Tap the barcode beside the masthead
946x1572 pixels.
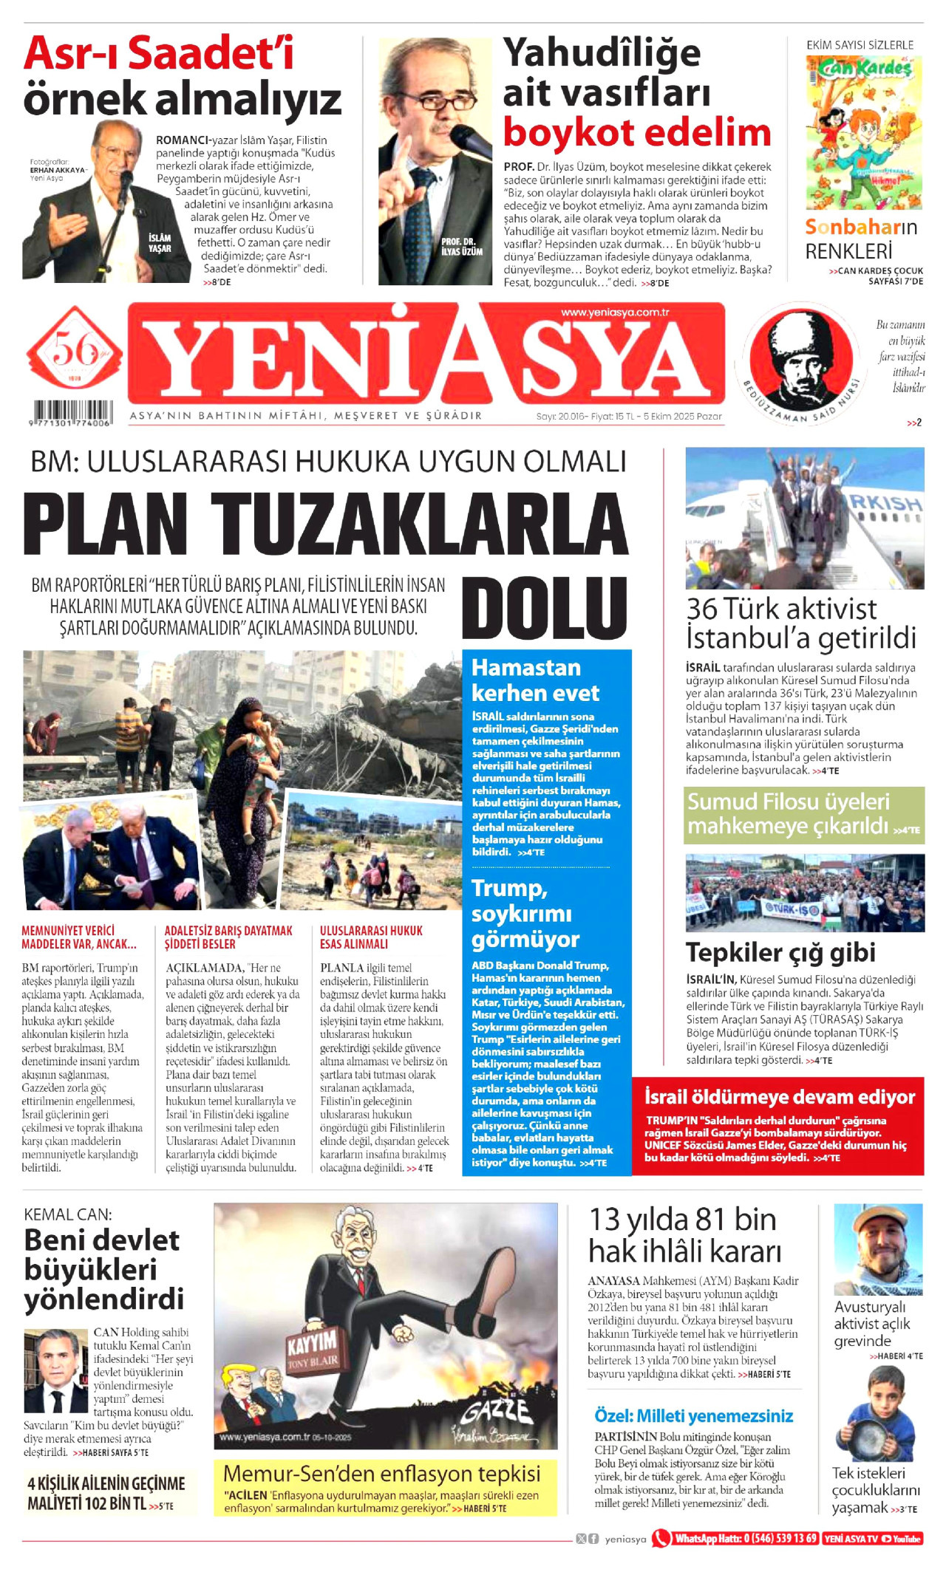tap(70, 411)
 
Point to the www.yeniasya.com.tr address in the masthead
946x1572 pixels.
tap(615, 312)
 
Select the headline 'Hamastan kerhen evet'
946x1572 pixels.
tap(535, 680)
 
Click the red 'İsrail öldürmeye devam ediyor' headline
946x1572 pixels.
tap(779, 1097)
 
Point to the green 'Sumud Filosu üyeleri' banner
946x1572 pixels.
tap(803, 814)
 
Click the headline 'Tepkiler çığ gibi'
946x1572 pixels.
tap(780, 953)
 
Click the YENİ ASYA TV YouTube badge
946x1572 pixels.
tap(873, 1539)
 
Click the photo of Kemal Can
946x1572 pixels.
tap(55, 1372)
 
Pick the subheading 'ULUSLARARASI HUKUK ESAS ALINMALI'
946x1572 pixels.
tap(371, 937)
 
